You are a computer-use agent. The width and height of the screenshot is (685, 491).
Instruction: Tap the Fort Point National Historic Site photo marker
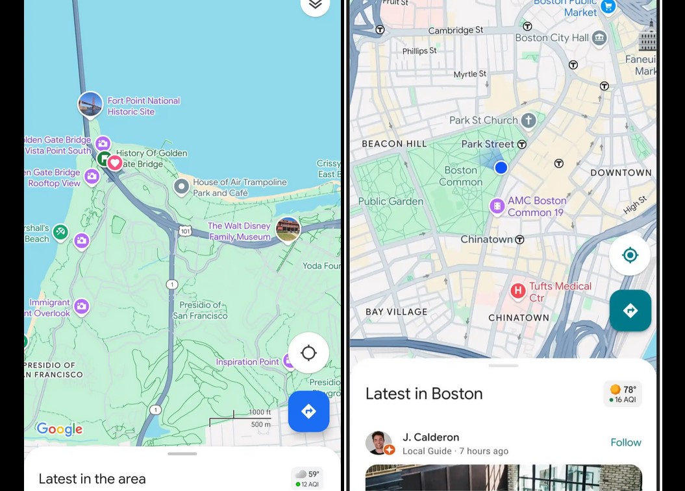click(90, 104)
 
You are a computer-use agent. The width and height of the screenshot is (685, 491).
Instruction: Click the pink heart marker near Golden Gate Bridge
click(115, 163)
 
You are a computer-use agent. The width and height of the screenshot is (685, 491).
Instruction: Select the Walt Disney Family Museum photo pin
click(288, 229)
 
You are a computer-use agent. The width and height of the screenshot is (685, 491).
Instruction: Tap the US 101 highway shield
click(186, 231)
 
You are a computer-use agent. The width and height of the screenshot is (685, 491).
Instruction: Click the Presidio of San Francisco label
click(200, 310)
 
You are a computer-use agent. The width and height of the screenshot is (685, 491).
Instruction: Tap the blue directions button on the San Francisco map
click(308, 411)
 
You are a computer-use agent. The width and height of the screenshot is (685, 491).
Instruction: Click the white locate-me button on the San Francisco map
click(308, 353)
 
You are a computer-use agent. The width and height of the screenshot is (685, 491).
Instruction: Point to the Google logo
click(59, 429)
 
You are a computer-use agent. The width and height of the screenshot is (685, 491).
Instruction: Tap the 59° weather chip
click(306, 478)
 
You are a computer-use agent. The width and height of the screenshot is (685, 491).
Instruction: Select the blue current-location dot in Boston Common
click(501, 168)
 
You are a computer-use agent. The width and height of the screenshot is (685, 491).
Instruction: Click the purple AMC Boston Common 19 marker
click(497, 206)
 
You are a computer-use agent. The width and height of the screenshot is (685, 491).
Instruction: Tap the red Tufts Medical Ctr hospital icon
click(517, 291)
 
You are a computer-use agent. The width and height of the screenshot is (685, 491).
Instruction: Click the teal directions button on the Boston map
click(630, 311)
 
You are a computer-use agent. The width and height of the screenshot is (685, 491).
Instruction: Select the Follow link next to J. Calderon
click(625, 442)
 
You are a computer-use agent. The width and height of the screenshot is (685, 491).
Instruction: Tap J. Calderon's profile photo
click(378, 443)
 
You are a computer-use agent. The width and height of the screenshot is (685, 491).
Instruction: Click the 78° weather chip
click(622, 394)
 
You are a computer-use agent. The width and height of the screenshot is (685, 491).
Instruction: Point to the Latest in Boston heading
click(424, 394)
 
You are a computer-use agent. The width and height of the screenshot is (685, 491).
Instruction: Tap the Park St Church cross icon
click(529, 120)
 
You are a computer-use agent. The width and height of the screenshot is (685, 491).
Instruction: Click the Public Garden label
click(390, 201)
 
